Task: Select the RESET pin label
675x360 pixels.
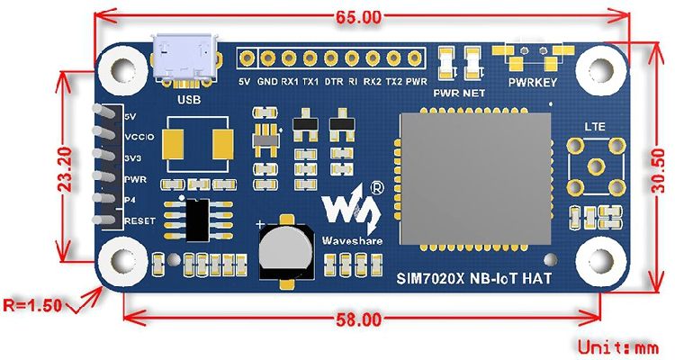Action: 139,220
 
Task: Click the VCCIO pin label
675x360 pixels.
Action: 140,137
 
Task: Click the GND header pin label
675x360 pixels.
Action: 267,82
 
